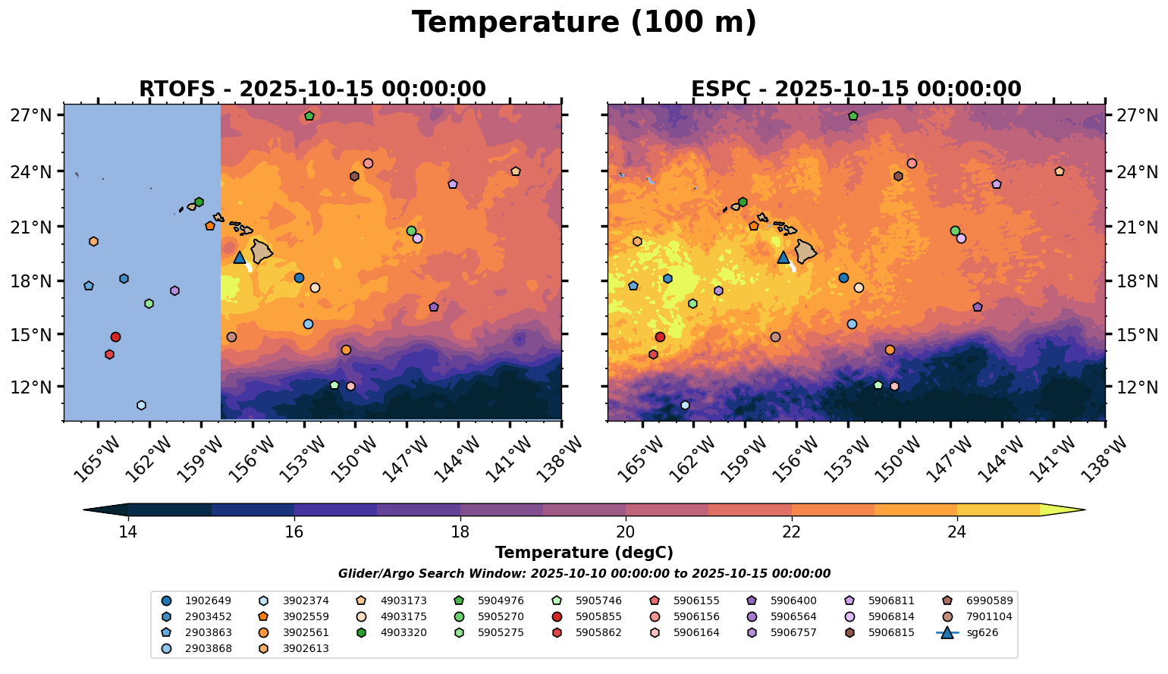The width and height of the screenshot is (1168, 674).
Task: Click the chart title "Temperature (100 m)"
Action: [584, 23]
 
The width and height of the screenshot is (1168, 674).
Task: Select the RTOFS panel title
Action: [312, 89]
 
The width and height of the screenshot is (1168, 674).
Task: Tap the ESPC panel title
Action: [856, 89]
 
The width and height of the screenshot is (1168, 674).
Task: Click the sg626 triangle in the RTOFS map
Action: [240, 258]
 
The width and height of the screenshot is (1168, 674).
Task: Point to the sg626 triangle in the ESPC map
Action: [783, 258]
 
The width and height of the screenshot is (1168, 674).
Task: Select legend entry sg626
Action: [982, 632]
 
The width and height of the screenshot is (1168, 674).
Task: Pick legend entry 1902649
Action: [209, 600]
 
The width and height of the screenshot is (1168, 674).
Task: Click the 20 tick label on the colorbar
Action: [626, 531]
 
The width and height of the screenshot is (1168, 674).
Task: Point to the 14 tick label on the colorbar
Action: [127, 531]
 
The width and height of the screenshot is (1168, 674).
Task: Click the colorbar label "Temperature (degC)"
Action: [584, 553]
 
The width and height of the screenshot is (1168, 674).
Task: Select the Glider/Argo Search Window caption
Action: [584, 574]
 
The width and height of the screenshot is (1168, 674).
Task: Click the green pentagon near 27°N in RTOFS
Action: [309, 116]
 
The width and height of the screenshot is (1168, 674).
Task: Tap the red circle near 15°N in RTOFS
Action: [115, 337]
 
